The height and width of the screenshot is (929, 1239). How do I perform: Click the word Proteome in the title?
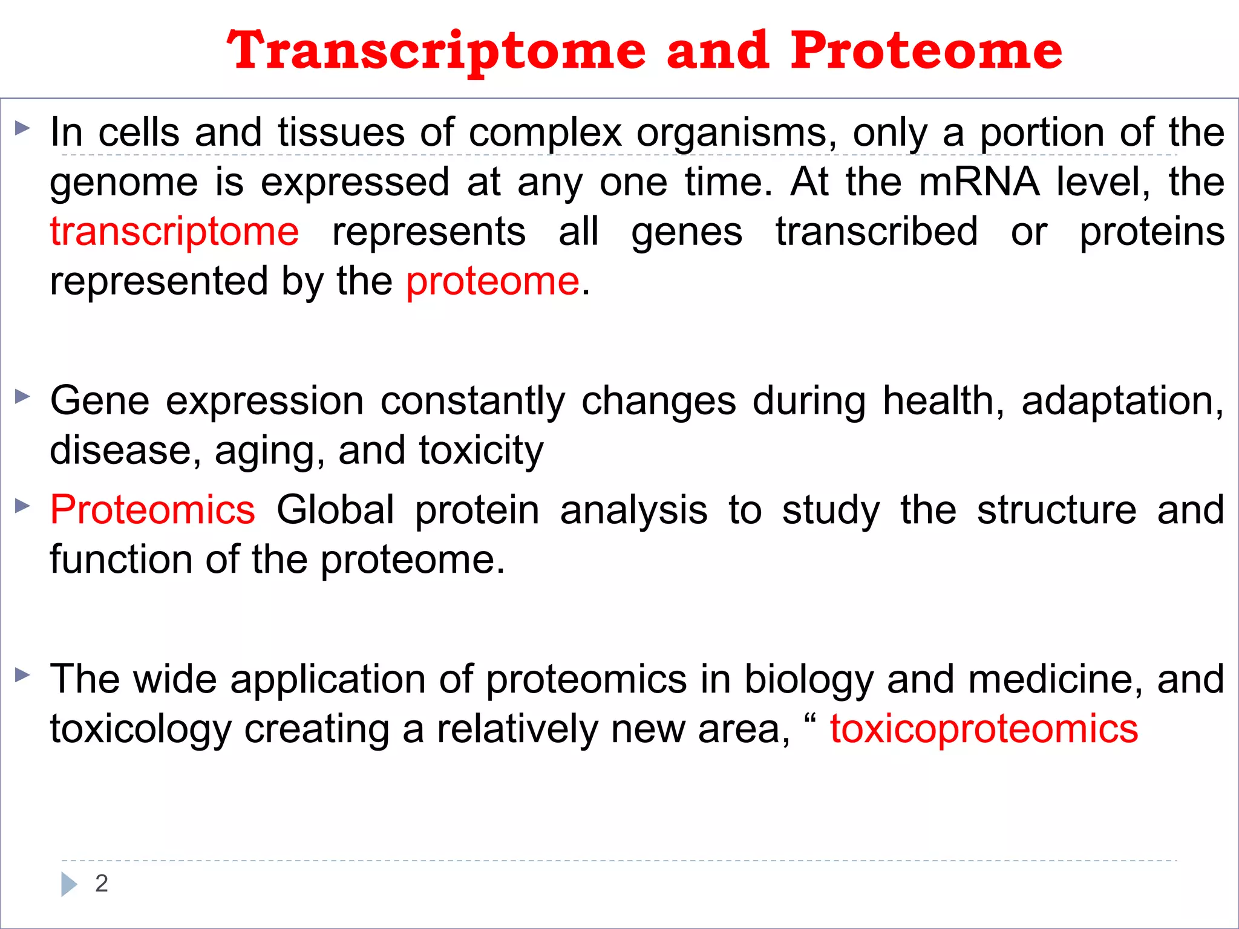tap(926, 51)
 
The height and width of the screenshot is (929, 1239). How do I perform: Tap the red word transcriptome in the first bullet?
tap(174, 232)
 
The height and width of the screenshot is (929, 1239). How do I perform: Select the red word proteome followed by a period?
tap(492, 282)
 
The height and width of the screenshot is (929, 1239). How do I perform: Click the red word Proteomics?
tap(152, 510)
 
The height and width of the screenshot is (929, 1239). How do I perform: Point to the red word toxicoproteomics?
tap(984, 729)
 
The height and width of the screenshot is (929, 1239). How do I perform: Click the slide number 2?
tap(102, 884)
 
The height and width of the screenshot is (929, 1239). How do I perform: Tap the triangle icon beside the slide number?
tap(69, 884)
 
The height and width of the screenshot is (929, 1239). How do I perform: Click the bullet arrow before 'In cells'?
tap(22, 128)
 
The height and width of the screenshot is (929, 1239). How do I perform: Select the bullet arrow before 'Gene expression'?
tap(22, 397)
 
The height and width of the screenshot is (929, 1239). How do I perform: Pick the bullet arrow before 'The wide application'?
tap(22, 675)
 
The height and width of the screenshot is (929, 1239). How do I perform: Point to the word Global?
tap(335, 510)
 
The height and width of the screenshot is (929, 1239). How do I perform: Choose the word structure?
tap(1057, 510)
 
